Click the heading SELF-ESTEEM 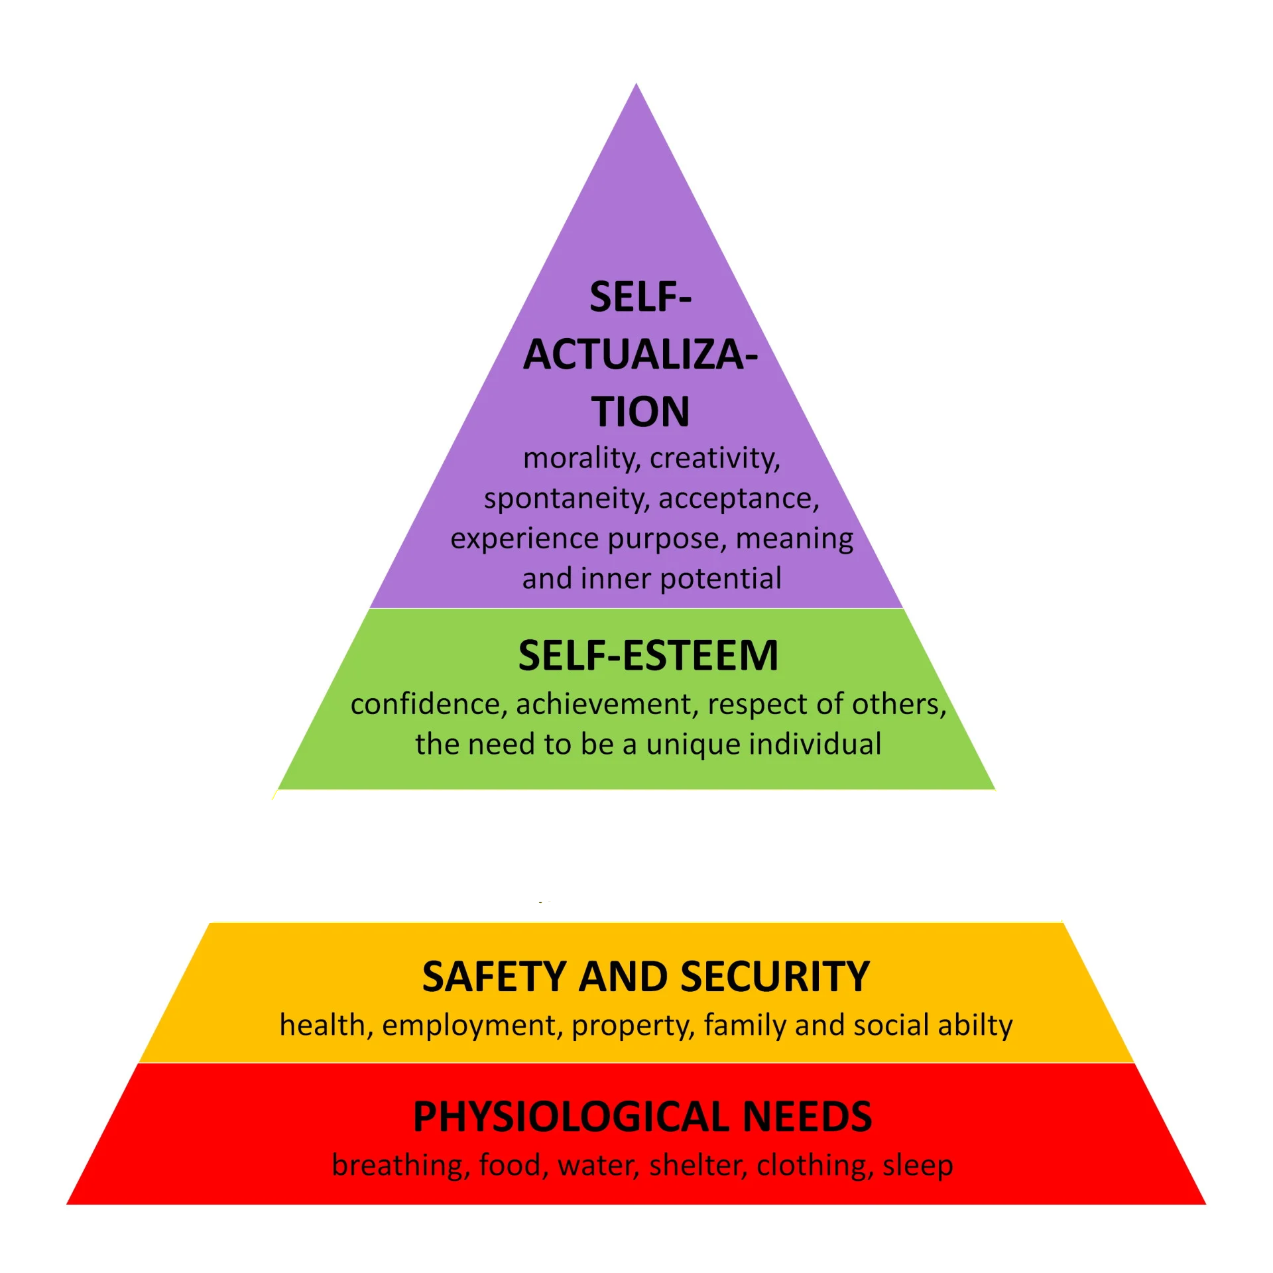pyautogui.click(x=648, y=656)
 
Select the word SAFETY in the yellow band pyautogui.click(x=493, y=977)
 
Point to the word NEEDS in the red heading pyautogui.click(x=807, y=1117)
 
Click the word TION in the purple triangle pyautogui.click(x=640, y=412)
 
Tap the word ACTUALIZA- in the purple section pyautogui.click(x=640, y=355)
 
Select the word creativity pyautogui.click(x=715, y=459)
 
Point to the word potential pyautogui.click(x=721, y=579)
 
